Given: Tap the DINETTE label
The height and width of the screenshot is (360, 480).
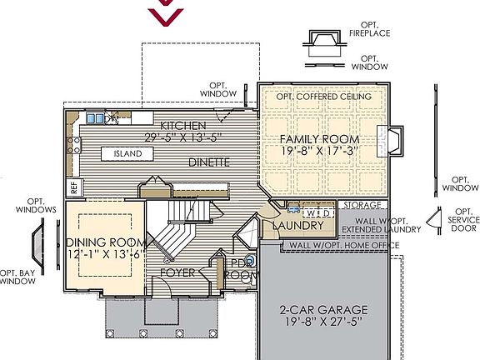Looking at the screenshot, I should tap(208, 162).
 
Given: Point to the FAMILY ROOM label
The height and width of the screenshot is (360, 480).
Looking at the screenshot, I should tap(319, 139).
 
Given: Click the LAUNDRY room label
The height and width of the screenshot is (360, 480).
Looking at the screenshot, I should tap(297, 226).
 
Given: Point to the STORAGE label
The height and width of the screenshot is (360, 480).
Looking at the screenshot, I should tap(363, 204).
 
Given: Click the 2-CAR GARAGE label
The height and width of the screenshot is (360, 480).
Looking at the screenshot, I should tap(324, 310).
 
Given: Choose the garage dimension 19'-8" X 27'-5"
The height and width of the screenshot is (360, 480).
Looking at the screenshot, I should tap(324, 323).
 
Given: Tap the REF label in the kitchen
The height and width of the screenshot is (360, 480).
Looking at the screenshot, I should tap(73, 187).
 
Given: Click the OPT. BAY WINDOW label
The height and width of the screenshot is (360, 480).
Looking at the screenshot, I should tap(18, 277).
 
